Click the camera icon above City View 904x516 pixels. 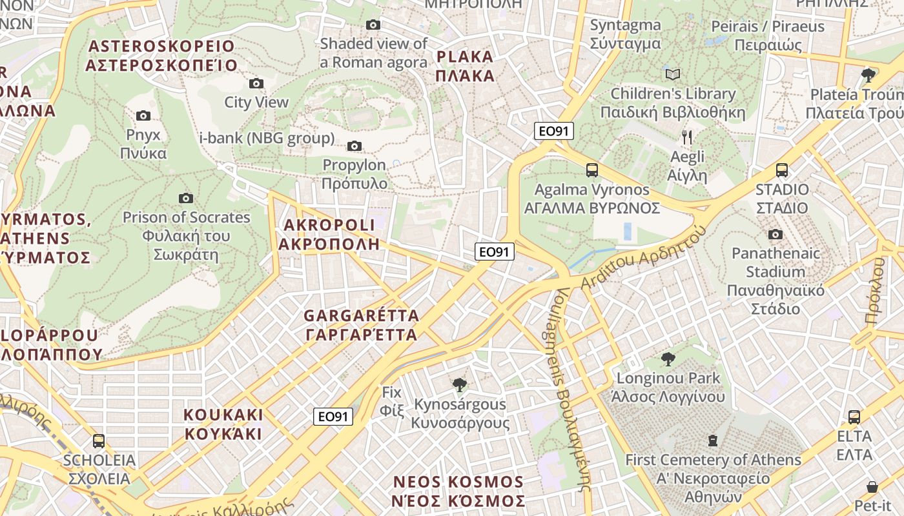click(256, 83)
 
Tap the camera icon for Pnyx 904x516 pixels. click(143, 116)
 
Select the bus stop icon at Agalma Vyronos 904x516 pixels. click(591, 170)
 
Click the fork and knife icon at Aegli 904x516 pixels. click(687, 137)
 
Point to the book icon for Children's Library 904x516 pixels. click(673, 74)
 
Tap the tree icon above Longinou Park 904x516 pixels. click(668, 359)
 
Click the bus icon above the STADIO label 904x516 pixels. click(782, 170)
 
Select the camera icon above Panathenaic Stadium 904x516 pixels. click(776, 234)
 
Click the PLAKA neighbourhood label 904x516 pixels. click(465, 66)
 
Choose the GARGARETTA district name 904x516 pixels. click(361, 325)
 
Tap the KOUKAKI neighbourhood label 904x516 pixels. click(223, 423)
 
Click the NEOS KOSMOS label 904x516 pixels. click(458, 491)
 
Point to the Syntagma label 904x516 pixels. click(625, 34)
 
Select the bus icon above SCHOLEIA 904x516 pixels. click(99, 441)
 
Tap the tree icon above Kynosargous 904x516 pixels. click(460, 385)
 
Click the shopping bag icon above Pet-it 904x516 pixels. click(872, 487)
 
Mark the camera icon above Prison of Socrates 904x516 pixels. click(186, 198)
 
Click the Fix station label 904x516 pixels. click(391, 401)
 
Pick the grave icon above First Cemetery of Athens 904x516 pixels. click(713, 441)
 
